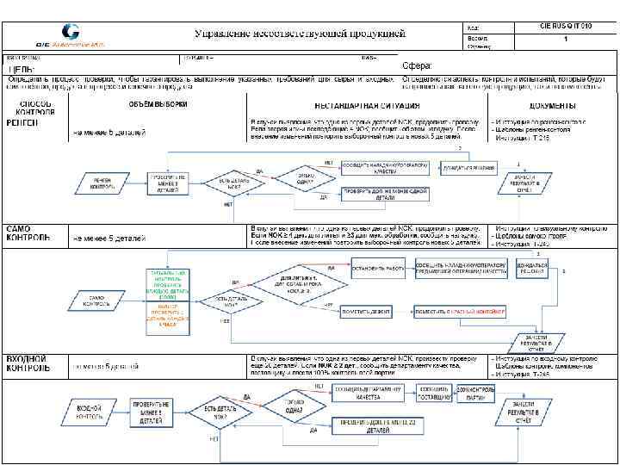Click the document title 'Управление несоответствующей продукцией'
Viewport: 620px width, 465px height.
tap(299, 33)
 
